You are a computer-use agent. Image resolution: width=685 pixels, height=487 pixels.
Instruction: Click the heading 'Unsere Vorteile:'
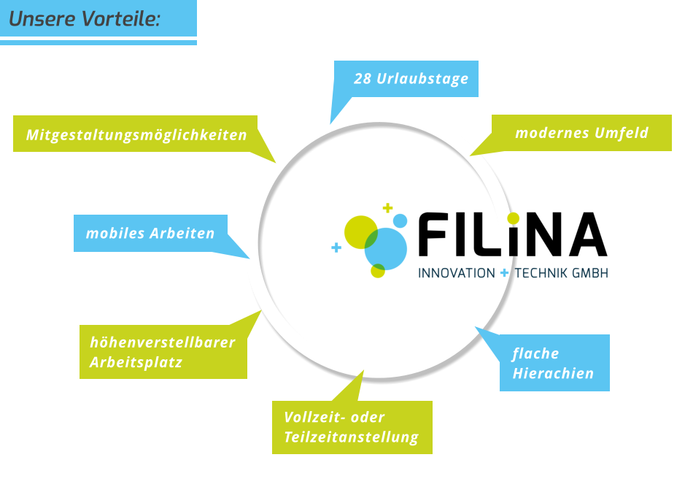pos(84,19)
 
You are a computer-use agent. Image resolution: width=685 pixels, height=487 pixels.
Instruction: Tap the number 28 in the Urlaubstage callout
pos(363,79)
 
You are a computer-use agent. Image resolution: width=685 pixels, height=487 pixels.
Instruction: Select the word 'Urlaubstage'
pos(422,79)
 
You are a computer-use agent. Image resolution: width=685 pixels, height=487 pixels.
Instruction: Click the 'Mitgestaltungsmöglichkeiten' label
pos(136,135)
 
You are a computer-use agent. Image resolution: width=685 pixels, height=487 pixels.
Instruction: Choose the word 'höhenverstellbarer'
pos(163,342)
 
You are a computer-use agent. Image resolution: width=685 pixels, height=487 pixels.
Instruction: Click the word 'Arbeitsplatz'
pos(136,362)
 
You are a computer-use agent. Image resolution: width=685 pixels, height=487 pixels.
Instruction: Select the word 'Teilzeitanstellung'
pos(351,437)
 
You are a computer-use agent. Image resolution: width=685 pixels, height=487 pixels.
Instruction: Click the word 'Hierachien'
pos(553,373)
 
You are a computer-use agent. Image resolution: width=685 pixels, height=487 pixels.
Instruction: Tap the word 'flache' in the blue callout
pos(535,353)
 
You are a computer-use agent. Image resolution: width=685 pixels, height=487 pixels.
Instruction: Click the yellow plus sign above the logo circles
pos(387,208)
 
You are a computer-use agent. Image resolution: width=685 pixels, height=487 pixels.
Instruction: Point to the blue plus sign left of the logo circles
pos(336,248)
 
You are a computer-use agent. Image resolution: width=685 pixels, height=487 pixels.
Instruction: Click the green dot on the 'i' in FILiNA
pos(514,218)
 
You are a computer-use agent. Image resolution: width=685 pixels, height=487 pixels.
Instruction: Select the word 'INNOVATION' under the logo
pos(457,273)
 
